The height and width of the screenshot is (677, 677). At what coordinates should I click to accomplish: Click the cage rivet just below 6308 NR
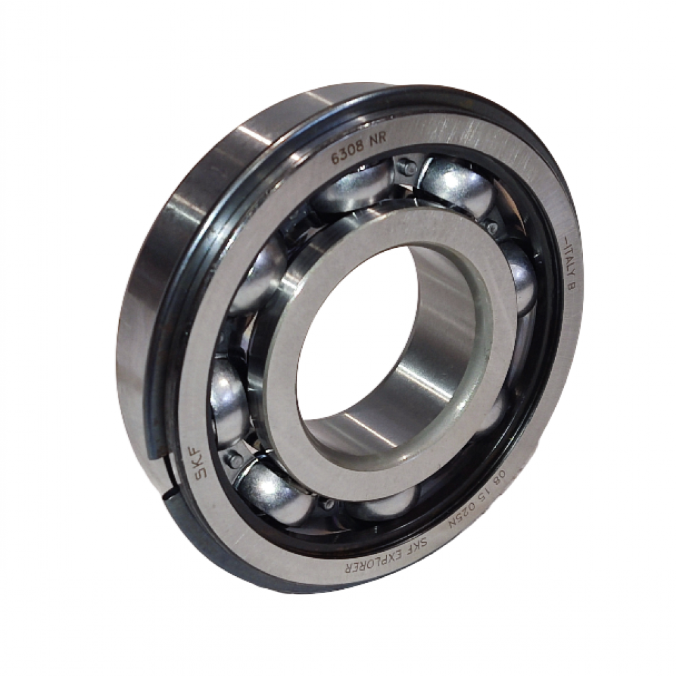click(409, 167)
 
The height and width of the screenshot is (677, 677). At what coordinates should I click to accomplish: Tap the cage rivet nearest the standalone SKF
click(233, 458)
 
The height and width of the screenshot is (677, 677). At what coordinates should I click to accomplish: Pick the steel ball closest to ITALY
click(521, 278)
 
